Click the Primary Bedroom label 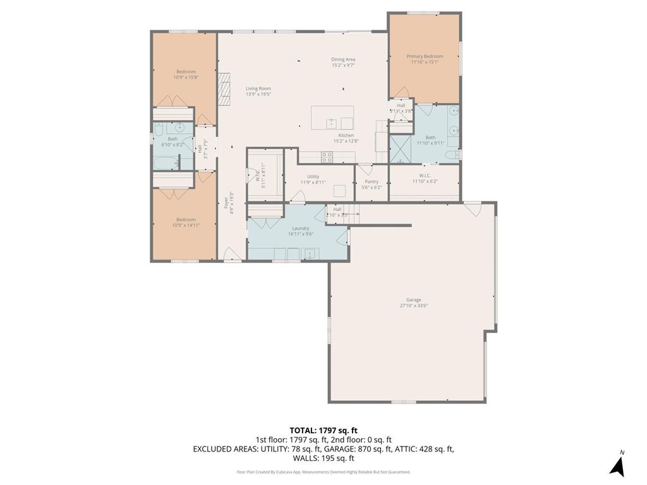pos(425,56)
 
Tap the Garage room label pos(414,300)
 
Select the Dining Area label pos(343,59)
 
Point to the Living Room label pos(258,88)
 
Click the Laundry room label pos(301,228)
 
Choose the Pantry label pos(372,181)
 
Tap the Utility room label pos(313,177)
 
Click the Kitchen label pos(346,135)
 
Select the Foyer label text pos(226,203)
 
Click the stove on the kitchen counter pos(327,157)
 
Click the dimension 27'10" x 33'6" pos(414,306)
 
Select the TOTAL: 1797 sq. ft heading pos(323,430)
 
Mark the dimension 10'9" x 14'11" pos(186,225)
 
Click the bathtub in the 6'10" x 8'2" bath pos(166,164)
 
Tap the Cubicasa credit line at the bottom pos(323,472)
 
